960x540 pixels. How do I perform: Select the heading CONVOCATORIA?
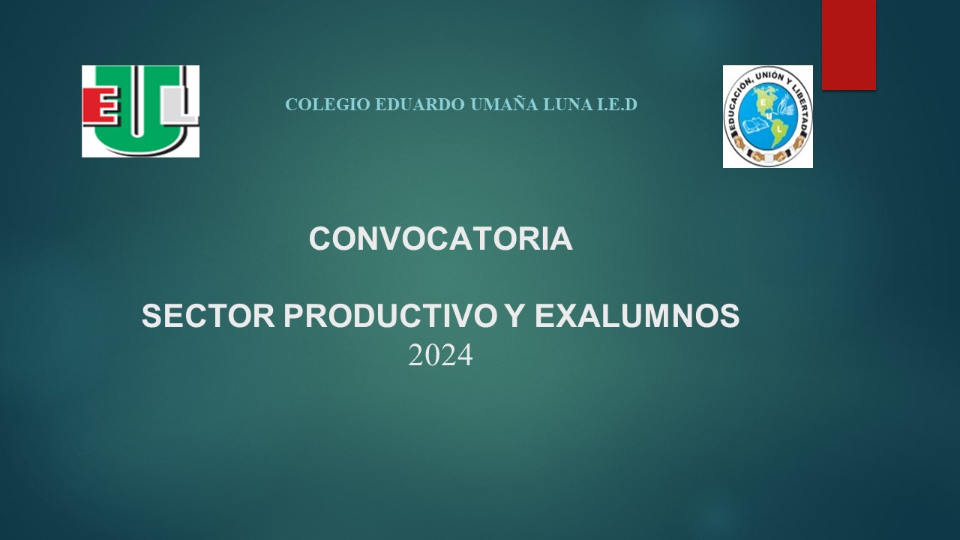(x=440, y=238)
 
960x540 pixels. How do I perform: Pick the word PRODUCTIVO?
(x=389, y=316)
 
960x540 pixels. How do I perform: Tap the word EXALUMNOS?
(x=637, y=316)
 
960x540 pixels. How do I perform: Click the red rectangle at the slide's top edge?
(x=848, y=44)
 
